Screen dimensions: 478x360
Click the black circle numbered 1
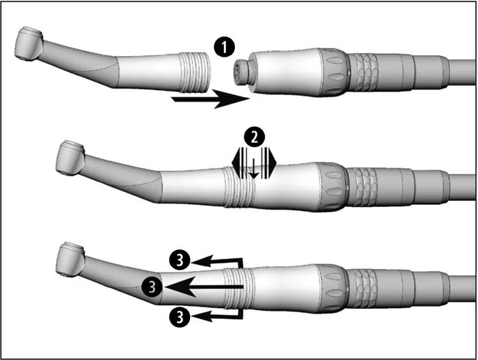point(225,47)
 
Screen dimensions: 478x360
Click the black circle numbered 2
point(254,137)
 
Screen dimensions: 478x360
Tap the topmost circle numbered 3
point(180,261)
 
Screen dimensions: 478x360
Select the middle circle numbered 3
point(152,287)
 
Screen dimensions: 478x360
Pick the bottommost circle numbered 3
point(180,316)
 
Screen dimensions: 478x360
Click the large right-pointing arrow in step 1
point(210,99)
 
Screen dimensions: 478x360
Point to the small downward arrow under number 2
point(253,169)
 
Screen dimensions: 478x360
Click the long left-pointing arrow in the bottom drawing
point(203,287)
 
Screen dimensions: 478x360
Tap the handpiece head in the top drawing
point(29,44)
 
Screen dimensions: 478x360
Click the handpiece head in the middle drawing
point(70,157)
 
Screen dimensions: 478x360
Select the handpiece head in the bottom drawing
point(70,260)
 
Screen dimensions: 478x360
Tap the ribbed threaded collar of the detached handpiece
point(195,72)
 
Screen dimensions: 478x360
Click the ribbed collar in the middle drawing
point(239,186)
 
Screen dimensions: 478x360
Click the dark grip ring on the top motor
point(333,72)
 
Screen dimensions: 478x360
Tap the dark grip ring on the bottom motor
point(333,288)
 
